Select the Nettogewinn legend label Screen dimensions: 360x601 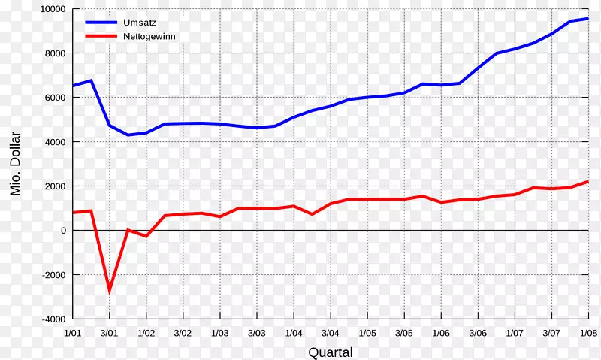150,36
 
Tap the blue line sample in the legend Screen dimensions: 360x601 101,23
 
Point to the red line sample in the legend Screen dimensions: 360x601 101,36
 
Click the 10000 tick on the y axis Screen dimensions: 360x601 53,10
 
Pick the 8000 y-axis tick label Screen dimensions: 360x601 55,54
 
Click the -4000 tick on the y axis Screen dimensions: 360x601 53,319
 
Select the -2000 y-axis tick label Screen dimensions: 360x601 53,275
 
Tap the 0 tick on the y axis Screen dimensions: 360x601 63,231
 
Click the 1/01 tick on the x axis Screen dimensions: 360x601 73,332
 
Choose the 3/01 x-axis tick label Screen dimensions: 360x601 110,332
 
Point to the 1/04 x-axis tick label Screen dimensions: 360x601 294,332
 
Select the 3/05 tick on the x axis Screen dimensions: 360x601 404,332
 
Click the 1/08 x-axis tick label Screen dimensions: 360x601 587,332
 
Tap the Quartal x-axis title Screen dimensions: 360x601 330,352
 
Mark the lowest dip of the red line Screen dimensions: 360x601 110,290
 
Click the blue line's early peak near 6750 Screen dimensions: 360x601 91,80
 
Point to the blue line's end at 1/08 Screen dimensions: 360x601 587,19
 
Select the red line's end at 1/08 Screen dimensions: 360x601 587,181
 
